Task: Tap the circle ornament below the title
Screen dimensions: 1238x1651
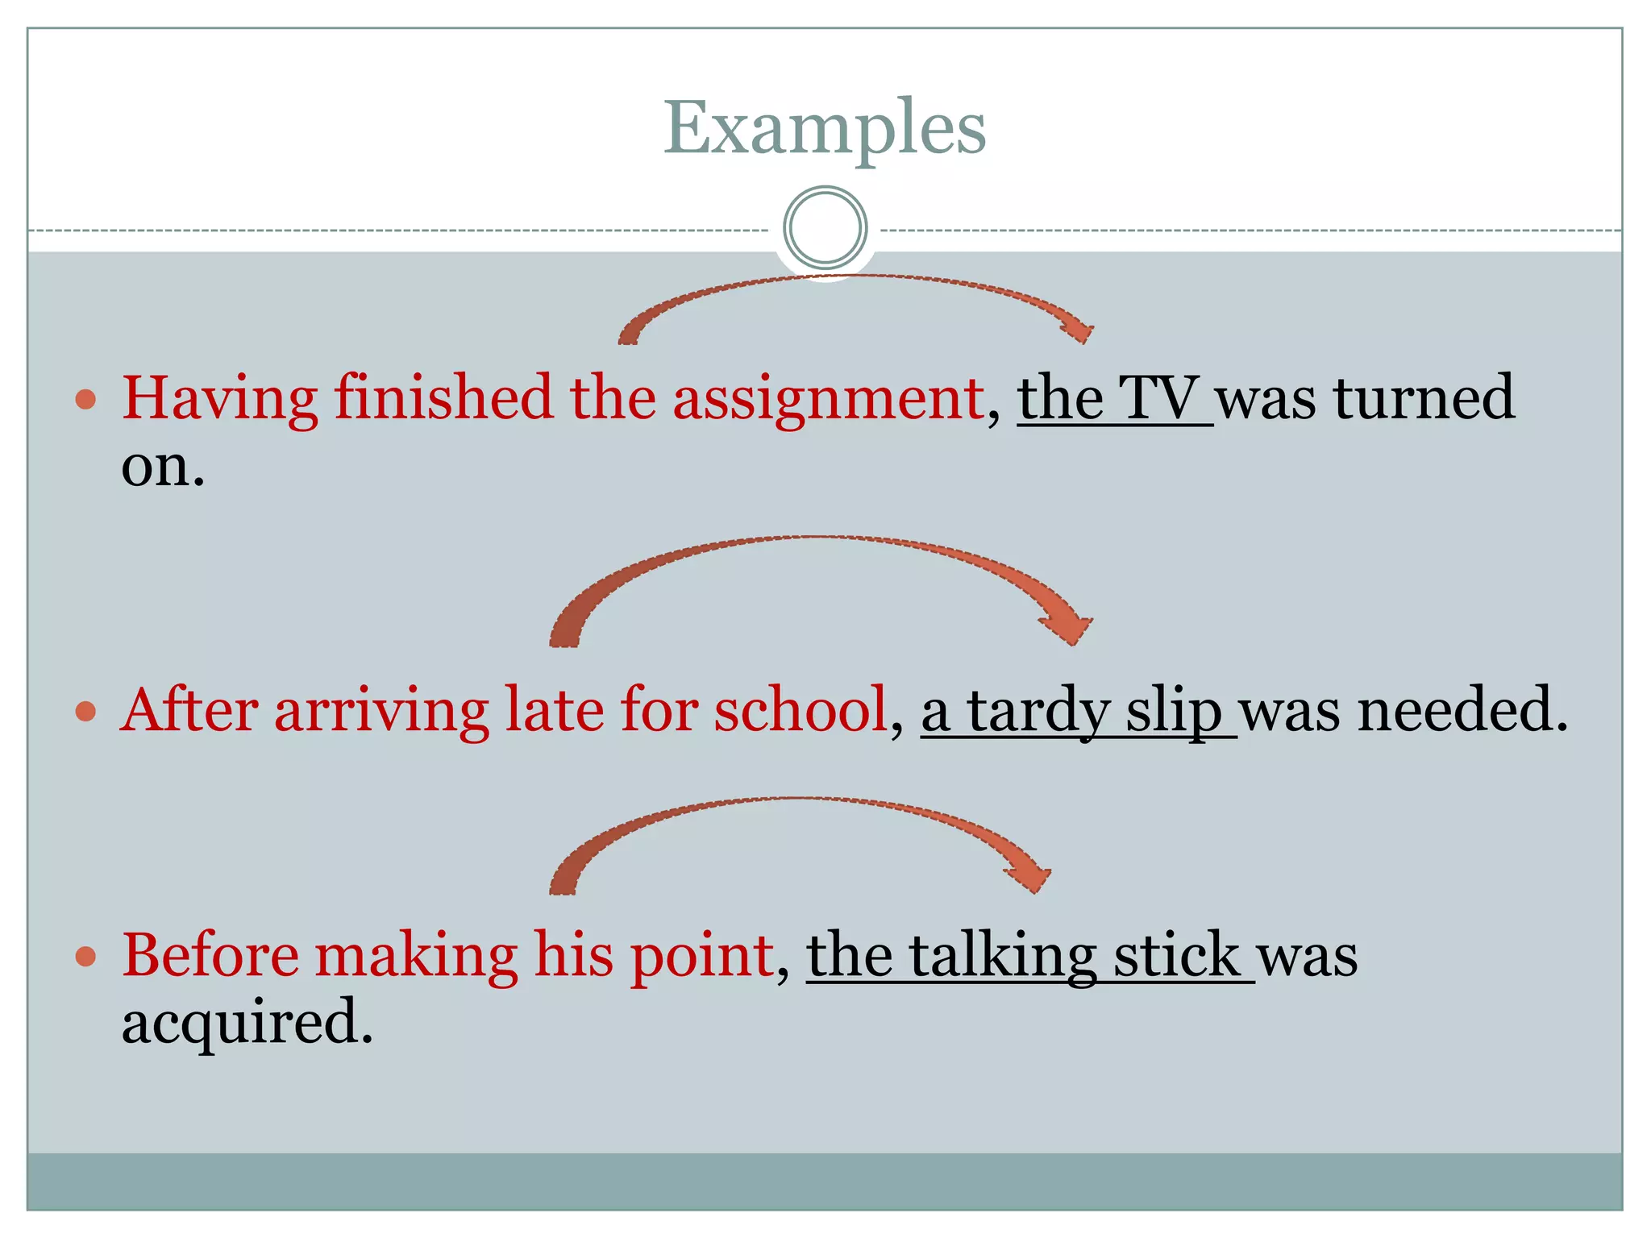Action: tap(825, 227)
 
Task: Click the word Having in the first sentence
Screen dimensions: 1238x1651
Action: tap(219, 398)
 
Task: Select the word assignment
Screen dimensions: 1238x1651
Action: tap(828, 400)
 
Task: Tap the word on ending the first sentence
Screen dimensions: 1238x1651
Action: tap(161, 466)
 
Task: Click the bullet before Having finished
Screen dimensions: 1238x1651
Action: tap(86, 399)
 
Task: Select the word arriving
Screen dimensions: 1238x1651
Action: tap(381, 711)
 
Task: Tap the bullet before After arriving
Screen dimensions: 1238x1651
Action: tap(86, 712)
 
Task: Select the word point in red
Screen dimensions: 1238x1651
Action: tap(701, 958)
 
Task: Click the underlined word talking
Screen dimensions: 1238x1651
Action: tap(1002, 958)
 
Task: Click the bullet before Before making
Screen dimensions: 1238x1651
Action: tap(86, 957)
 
